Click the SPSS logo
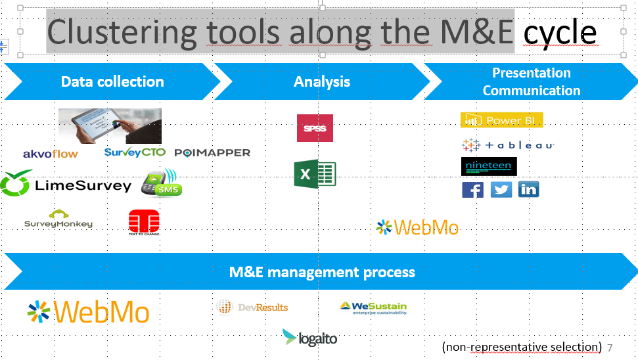(315, 128)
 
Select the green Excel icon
(315, 175)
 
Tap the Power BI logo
(502, 120)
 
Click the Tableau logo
(508, 145)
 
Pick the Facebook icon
(472, 190)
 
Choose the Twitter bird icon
(501, 190)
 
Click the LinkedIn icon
(528, 190)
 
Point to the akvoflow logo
(50, 154)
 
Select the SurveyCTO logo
(135, 152)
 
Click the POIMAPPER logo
(212, 152)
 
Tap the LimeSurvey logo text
(83, 186)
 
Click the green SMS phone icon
(160, 184)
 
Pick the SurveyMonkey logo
(58, 219)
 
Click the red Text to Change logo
(144, 222)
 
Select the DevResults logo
(252, 307)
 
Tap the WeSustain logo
(373, 307)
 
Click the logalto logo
(309, 338)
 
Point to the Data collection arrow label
(112, 81)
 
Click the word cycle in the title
(560, 32)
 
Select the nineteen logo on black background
(489, 166)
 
